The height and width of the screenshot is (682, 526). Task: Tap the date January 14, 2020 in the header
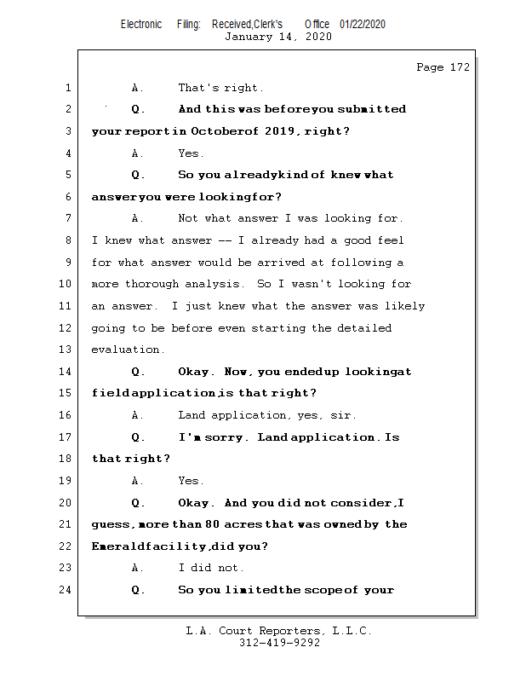[277, 37]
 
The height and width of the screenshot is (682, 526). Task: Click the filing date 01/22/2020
[362, 24]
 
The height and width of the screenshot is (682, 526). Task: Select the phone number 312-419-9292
[279, 643]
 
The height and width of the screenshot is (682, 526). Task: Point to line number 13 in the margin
[66, 350]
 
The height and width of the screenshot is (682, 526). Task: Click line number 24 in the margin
[66, 590]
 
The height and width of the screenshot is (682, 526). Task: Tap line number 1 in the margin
[67, 88]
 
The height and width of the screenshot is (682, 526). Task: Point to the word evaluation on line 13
[126, 350]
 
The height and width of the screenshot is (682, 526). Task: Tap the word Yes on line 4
[189, 153]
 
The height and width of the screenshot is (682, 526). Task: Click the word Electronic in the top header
[141, 24]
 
